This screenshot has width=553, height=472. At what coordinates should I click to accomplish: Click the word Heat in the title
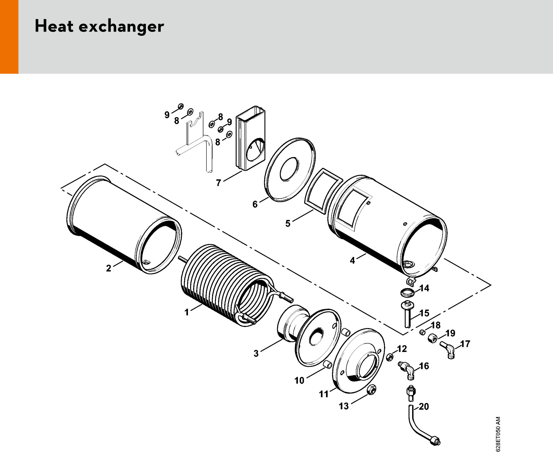click(54, 26)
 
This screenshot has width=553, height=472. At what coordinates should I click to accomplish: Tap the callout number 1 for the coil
click(187, 312)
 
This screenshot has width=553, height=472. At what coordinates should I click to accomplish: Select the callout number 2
click(108, 268)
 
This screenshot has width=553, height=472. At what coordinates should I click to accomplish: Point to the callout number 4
click(352, 260)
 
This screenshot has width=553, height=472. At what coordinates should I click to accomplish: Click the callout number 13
click(344, 406)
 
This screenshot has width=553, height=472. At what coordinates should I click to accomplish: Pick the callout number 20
click(424, 406)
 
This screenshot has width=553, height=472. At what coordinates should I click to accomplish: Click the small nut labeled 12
click(390, 357)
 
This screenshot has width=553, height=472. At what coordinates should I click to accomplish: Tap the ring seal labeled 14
click(407, 292)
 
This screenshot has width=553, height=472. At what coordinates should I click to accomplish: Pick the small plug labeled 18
click(422, 332)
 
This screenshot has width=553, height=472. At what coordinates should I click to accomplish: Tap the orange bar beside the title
click(9, 37)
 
